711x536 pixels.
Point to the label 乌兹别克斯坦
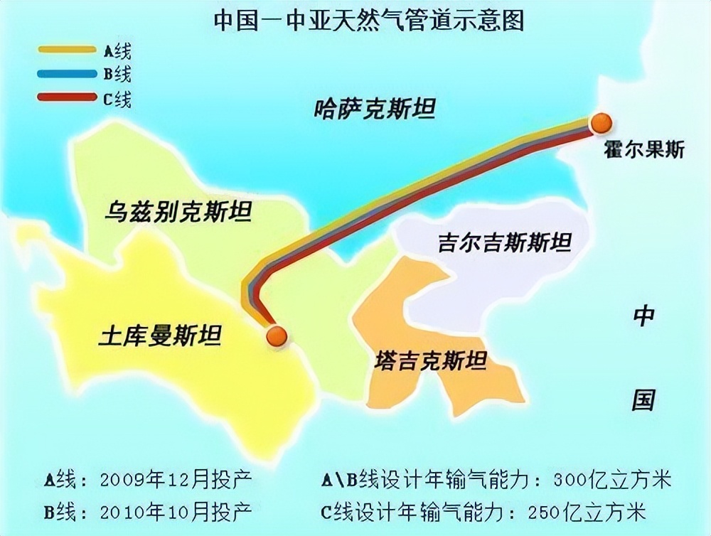click(x=178, y=211)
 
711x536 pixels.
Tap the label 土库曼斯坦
click(x=160, y=333)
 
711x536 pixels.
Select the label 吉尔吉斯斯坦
click(x=505, y=243)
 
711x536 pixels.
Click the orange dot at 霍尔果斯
click(x=602, y=123)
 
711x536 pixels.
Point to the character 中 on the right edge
click(x=643, y=316)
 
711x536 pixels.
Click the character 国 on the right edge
click(x=643, y=400)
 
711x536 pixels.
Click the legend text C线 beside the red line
click(x=117, y=97)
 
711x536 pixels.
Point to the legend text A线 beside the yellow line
click(x=117, y=50)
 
